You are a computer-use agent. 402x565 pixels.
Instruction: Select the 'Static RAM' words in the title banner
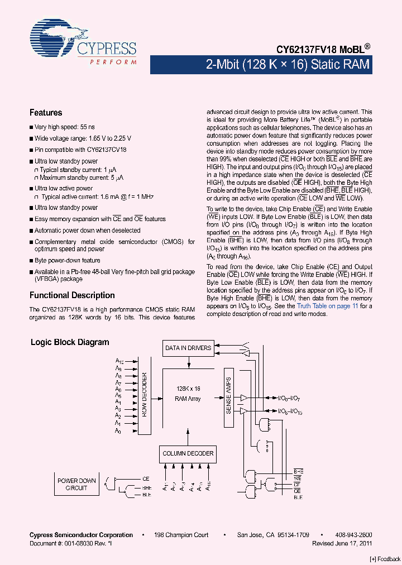tap(341, 65)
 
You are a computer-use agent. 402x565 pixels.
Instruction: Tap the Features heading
tap(46, 112)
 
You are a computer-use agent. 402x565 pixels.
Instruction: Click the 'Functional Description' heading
tap(72, 295)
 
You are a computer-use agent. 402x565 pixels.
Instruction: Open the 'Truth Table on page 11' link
tap(327, 306)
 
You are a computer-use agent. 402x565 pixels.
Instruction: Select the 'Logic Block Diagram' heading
tap(70, 342)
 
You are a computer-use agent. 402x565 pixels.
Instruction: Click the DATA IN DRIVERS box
tap(188, 348)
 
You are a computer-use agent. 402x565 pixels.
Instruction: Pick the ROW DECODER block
tap(143, 396)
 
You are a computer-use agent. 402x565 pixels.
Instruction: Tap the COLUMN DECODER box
tap(188, 453)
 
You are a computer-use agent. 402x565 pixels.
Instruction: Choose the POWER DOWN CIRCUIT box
tap(76, 484)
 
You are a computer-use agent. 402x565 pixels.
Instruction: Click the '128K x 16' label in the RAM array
tap(188, 388)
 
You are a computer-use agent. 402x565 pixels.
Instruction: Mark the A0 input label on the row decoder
tap(118, 431)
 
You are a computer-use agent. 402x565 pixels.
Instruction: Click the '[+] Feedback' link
tap(385, 559)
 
